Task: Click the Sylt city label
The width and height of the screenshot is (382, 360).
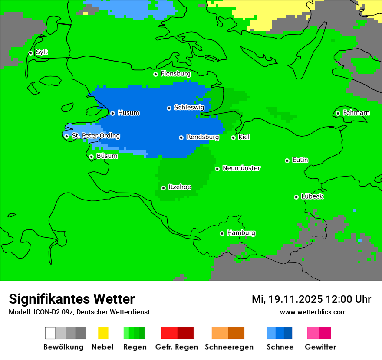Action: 42,52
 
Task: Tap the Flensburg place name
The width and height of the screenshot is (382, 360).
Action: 175,74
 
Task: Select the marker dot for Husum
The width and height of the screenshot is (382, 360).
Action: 112,113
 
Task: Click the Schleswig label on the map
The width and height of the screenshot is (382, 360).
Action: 189,107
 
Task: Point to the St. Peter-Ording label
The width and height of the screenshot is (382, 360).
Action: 95,136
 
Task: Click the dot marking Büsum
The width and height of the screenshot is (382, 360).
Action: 91,157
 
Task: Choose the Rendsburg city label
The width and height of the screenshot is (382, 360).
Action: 202,137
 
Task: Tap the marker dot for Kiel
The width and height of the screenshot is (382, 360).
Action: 233,137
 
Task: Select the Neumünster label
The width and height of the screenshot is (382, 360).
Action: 241,168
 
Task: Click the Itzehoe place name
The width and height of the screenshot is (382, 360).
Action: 179,187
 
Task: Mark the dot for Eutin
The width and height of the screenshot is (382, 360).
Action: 287,160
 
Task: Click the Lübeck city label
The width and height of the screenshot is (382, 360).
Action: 312,196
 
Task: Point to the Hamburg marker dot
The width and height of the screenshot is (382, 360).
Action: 222,233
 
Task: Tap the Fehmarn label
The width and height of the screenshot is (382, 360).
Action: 356,113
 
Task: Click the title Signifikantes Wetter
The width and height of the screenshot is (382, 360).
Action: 72,299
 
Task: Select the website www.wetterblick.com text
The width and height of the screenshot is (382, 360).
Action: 313,312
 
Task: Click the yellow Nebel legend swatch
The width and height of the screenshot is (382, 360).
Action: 103,333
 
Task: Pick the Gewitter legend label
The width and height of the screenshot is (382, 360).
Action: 320,347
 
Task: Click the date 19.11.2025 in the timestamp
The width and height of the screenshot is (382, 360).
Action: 295,299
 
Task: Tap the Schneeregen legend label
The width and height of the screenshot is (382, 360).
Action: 229,347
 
